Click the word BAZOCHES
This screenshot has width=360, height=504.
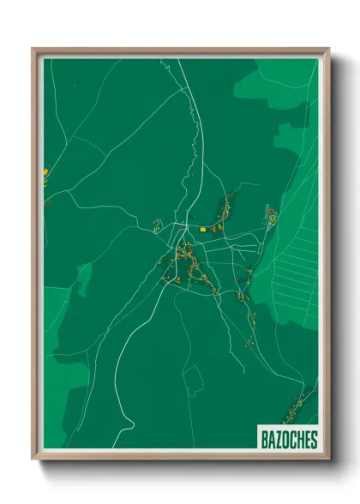(288, 440)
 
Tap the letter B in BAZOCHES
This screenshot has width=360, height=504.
(263, 440)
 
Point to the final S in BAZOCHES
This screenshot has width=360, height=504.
(314, 440)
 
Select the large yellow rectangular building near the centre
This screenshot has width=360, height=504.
(203, 229)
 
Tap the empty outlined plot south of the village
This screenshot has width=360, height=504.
(195, 378)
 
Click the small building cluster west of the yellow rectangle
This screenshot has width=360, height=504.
(156, 226)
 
